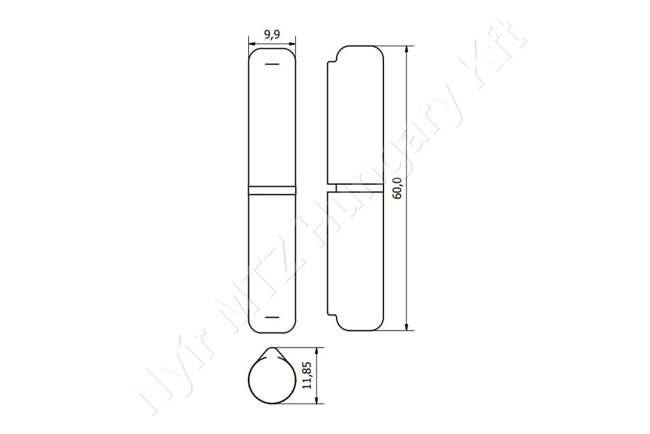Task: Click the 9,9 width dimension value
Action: pos(272,34)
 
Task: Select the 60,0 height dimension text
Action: pos(397,189)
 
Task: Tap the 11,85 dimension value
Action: pos(307,375)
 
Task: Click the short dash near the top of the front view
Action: pos(272,64)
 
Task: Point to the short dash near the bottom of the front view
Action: pos(272,318)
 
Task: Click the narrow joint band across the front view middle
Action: pos(272,190)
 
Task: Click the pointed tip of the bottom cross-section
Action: pos(272,348)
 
